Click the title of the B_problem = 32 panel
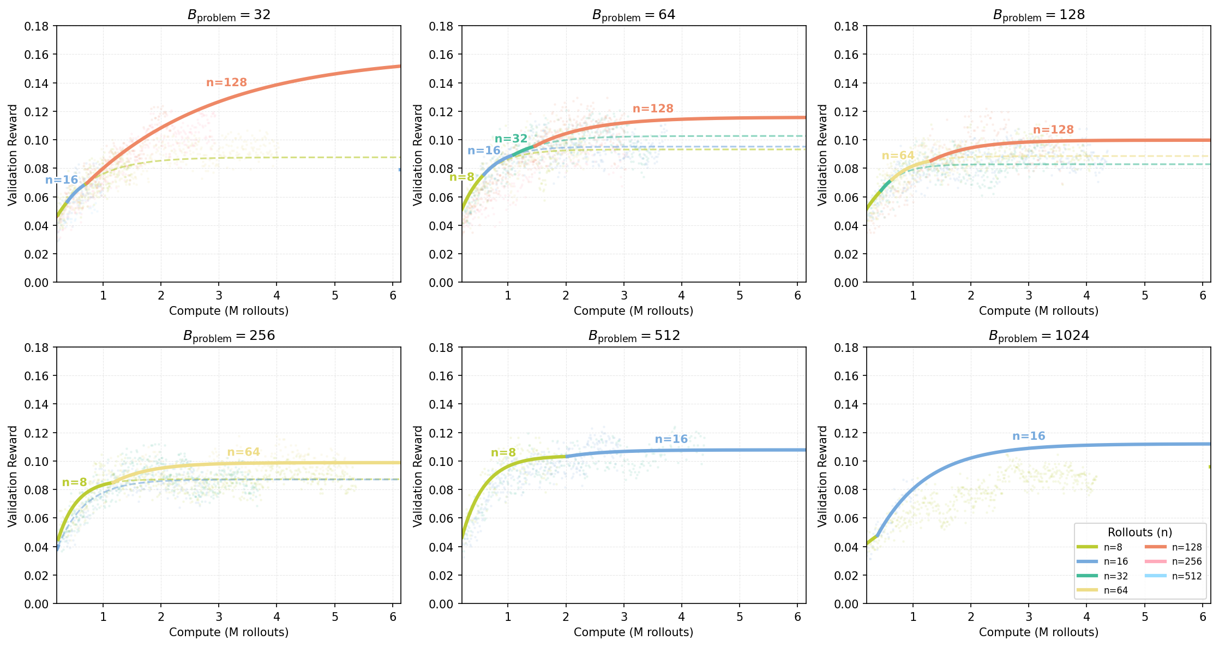click(x=229, y=15)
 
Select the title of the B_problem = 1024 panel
click(x=1038, y=336)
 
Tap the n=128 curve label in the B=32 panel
click(x=226, y=82)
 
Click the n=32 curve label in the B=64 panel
click(x=511, y=139)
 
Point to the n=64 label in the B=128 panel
click(x=898, y=155)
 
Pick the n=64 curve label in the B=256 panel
click(x=243, y=452)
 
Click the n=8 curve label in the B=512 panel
click(x=503, y=452)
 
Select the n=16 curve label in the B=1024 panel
click(x=1028, y=436)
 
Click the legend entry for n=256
click(x=1186, y=561)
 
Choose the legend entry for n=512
click(x=1186, y=576)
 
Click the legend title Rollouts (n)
click(x=1139, y=533)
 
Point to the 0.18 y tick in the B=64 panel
click(x=441, y=26)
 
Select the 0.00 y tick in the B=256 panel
click(x=36, y=603)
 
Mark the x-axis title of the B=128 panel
click(x=1038, y=310)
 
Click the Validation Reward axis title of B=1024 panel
click(x=822, y=475)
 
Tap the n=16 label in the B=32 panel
click(x=62, y=180)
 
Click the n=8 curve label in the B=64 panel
click(x=461, y=177)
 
